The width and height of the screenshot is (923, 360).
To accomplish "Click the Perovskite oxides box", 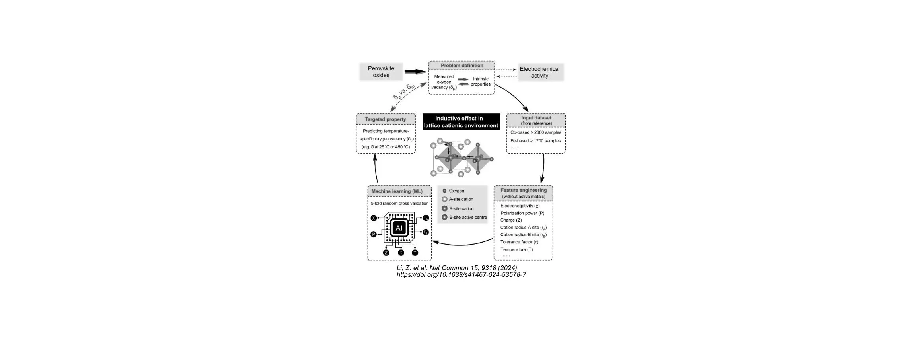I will click(381, 72).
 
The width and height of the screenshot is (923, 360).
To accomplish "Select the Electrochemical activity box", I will click(539, 72).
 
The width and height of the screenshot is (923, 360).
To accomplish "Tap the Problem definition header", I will click(461, 66).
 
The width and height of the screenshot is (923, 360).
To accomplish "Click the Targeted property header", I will click(386, 119).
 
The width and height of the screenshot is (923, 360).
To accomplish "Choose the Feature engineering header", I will click(523, 193).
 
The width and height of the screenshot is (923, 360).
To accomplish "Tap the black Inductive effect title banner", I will click(461, 122).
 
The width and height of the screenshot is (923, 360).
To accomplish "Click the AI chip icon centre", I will click(399, 228).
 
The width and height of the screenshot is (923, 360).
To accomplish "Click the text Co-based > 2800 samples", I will click(535, 132).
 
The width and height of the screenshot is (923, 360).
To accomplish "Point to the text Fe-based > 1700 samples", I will click(535, 141).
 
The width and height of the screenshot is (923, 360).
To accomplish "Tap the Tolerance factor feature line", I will click(519, 242).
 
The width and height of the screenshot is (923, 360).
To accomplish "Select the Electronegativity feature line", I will click(520, 206).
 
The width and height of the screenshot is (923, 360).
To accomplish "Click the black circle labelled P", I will click(374, 235).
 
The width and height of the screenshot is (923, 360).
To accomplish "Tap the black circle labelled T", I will click(415, 253).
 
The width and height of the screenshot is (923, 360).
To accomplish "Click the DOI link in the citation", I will click(461, 275).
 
